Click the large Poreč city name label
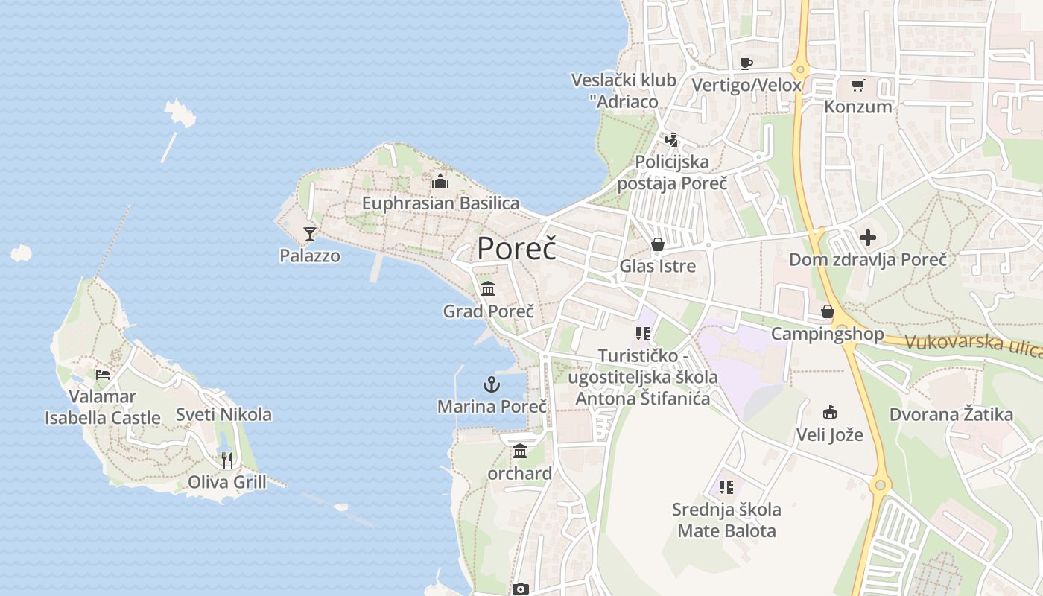pos(516,248)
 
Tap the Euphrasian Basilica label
pos(440,203)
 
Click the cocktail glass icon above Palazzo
pos(310,234)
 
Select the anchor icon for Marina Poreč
pos(491,384)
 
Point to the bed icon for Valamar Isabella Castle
pos(103,374)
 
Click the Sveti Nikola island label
pos(223,414)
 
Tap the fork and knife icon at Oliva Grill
pos(226,460)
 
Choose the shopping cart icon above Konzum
pos(857,85)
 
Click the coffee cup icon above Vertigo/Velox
pos(746,63)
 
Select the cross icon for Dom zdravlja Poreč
pos(868,238)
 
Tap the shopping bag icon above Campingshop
pos(827,311)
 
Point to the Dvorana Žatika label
pos(951,414)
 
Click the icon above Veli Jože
pos(829,412)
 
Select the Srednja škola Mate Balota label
pos(726,520)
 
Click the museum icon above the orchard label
pos(520,451)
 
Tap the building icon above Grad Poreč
pos(488,288)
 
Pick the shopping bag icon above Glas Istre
pos(657,244)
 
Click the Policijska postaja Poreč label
pos(672,172)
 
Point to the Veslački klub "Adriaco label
pos(624,91)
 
